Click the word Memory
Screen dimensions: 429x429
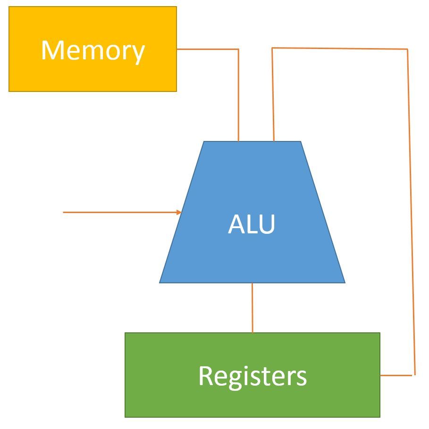tap(93, 50)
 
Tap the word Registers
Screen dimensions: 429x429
tap(252, 376)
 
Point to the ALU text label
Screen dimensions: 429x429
tap(252, 225)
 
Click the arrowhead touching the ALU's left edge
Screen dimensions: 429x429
tap(180, 212)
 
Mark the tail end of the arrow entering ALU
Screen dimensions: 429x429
tap(64, 212)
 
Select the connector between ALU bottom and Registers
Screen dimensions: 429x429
tap(252, 307)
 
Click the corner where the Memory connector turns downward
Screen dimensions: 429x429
tap(238, 49)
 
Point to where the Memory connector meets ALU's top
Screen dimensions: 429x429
tap(238, 140)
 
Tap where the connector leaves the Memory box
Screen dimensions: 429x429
tap(177, 49)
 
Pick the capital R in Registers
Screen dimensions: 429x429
tap(204, 376)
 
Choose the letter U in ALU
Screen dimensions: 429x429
tap(266, 225)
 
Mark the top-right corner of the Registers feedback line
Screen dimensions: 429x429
tap(407, 49)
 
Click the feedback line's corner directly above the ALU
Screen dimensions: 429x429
tap(272, 48)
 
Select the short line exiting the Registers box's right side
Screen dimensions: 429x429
tap(396, 375)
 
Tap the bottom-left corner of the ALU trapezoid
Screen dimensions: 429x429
tap(160, 282)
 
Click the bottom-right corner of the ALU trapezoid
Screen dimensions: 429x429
tap(345, 282)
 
